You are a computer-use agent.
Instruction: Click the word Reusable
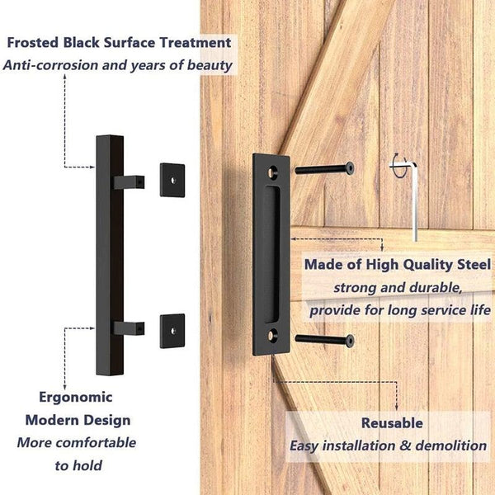[x=392, y=422]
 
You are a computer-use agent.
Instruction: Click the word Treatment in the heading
[x=196, y=42]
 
